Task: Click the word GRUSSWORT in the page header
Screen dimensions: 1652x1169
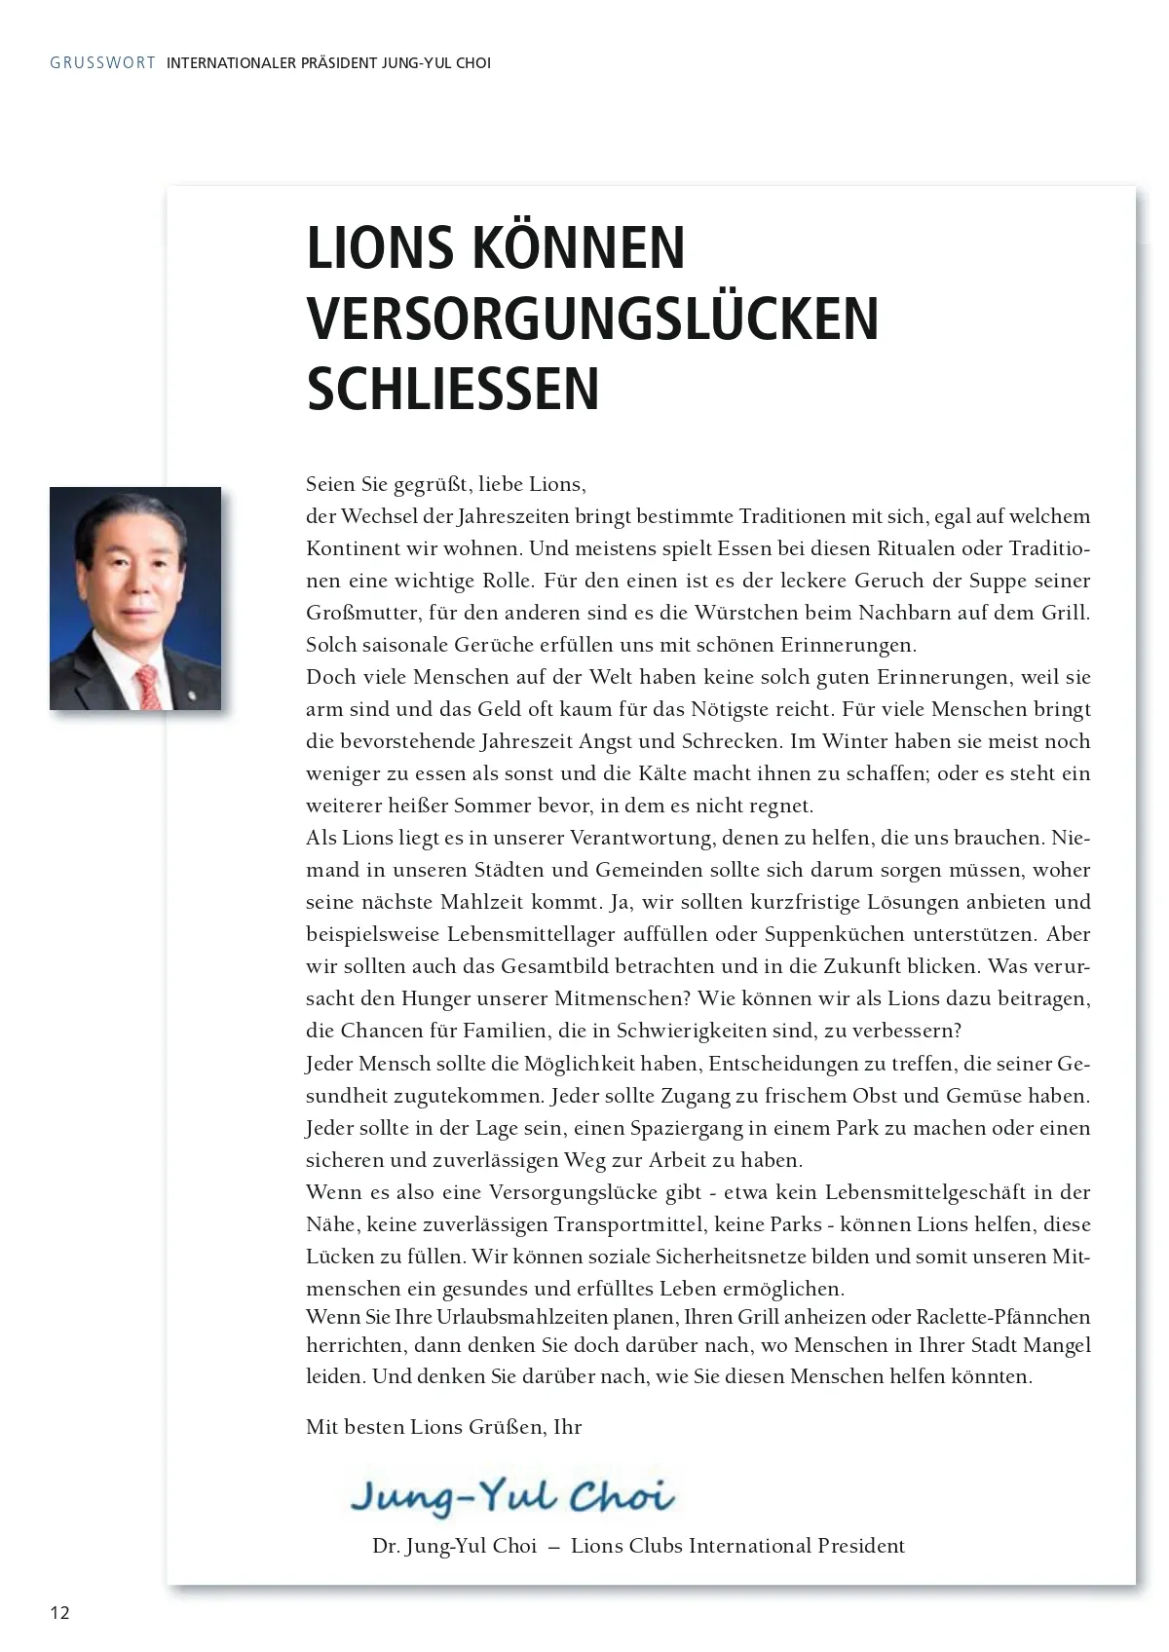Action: coord(102,63)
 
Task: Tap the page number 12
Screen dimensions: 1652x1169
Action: coord(60,1612)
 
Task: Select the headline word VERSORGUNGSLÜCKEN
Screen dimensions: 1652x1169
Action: coord(592,318)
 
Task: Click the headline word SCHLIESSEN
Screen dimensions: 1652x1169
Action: coord(453,389)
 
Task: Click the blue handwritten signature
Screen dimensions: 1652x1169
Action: coord(512,1496)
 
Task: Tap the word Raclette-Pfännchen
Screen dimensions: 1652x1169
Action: coord(1003,1318)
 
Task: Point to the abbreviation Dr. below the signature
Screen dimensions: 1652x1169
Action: coord(385,1547)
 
